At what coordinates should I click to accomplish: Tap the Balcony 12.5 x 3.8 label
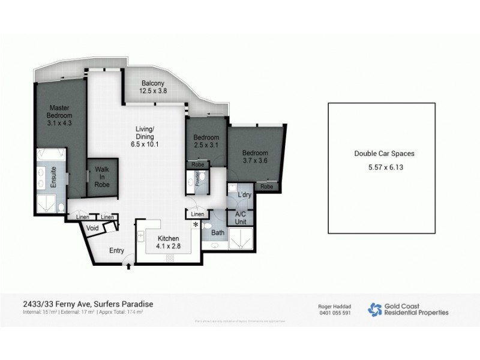(x=153, y=87)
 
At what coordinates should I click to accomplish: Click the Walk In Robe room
(x=102, y=178)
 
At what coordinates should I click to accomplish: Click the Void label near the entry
(x=93, y=229)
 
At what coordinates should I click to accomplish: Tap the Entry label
(x=116, y=251)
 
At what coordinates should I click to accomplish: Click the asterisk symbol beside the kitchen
(x=195, y=225)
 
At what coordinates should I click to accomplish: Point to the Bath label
(x=217, y=232)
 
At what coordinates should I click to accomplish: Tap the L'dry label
(x=244, y=196)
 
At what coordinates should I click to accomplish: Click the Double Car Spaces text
(x=385, y=154)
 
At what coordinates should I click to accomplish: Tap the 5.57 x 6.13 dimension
(x=385, y=167)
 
